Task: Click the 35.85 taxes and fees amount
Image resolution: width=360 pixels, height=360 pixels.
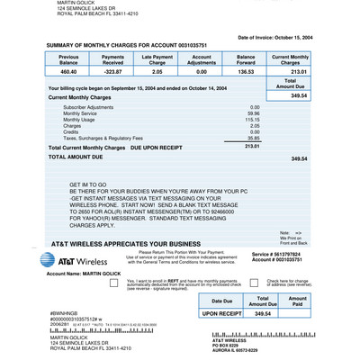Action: (253, 138)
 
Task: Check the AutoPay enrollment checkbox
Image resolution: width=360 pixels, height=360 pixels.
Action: (113, 282)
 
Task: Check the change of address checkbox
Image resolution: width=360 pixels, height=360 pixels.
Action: (237, 282)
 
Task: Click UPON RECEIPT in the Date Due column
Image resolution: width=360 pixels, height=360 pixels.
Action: (221, 313)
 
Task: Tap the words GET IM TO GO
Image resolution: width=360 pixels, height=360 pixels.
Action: (88, 184)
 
